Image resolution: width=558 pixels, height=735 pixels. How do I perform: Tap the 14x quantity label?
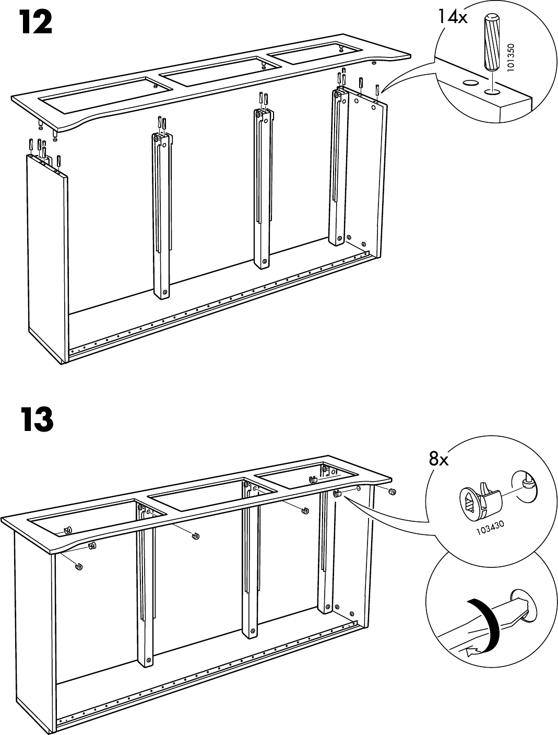pyautogui.click(x=452, y=17)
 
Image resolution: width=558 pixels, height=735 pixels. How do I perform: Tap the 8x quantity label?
pyautogui.click(x=438, y=459)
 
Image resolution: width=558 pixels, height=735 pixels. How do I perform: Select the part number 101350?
pyautogui.click(x=511, y=59)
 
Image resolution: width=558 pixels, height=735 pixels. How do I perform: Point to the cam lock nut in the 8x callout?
pyautogui.click(x=479, y=499)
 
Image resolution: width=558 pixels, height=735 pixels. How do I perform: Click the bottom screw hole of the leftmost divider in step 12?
pyautogui.click(x=165, y=292)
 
